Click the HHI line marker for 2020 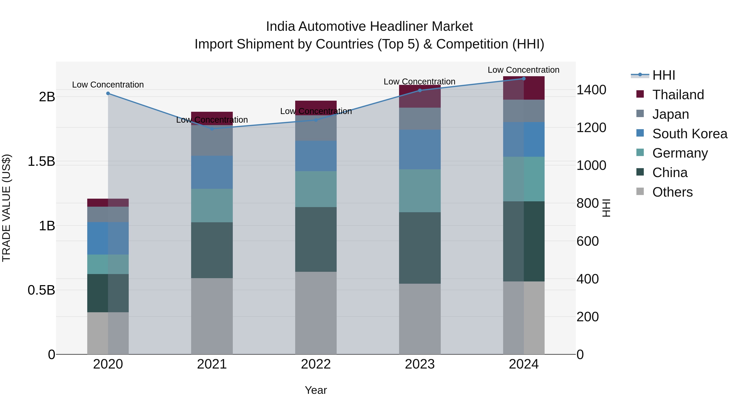pyautogui.click(x=108, y=93)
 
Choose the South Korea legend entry pyautogui.click(x=690, y=134)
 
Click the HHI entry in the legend pyautogui.click(x=663, y=75)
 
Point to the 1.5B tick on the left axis pyautogui.click(x=41, y=161)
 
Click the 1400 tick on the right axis pyautogui.click(x=591, y=90)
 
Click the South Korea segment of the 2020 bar pyautogui.click(x=108, y=238)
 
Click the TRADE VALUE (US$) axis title pyautogui.click(x=6, y=208)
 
